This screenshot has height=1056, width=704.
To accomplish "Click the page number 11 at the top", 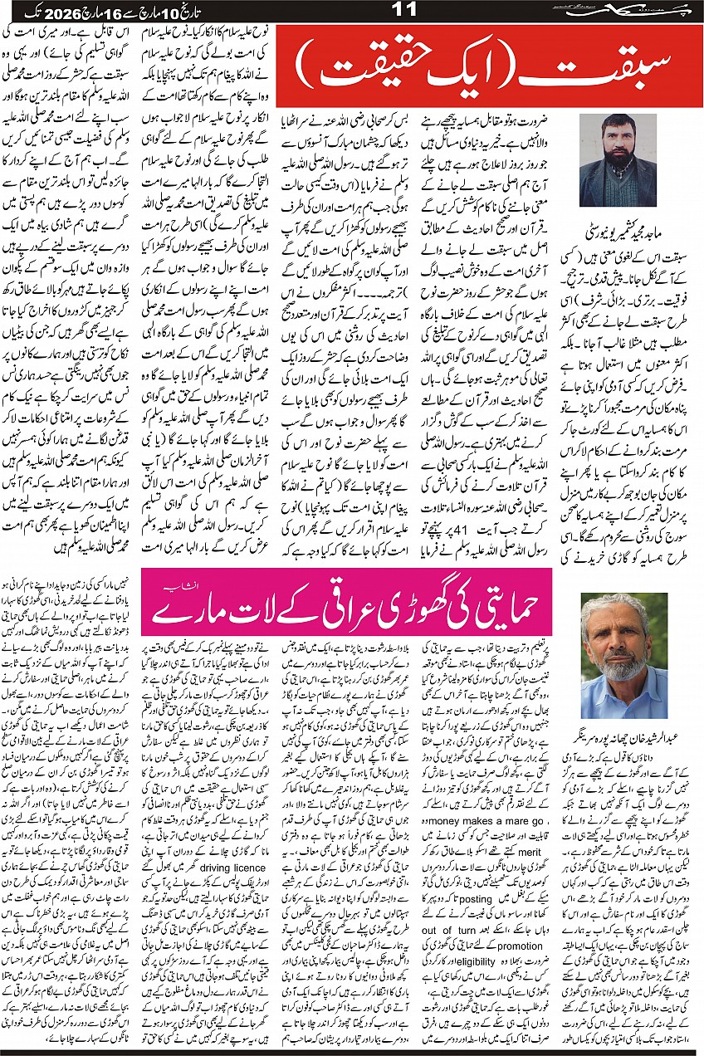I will coord(353,12).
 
